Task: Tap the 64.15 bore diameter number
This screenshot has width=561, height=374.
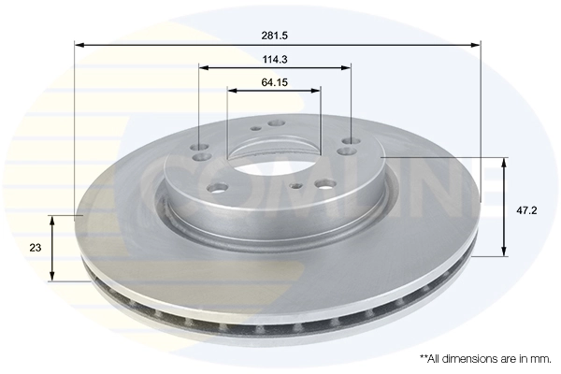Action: click(274, 81)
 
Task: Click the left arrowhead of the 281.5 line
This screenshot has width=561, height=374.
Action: click(79, 44)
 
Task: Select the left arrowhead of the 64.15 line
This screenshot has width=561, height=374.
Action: click(232, 91)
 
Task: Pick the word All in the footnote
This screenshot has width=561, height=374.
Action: click(435, 358)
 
